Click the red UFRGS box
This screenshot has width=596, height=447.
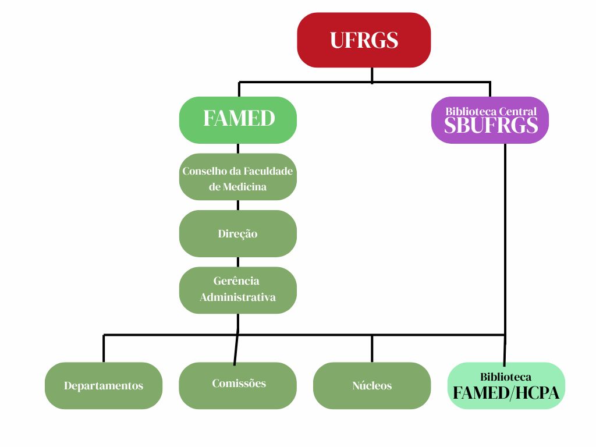click(x=364, y=40)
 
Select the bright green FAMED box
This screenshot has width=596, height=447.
click(x=238, y=119)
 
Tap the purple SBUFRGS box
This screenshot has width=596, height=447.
click(x=491, y=120)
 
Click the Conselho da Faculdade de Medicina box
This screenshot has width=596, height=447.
click(x=238, y=177)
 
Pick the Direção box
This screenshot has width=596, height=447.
click(x=238, y=233)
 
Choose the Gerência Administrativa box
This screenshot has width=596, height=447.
click(x=238, y=290)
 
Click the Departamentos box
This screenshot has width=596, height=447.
click(x=104, y=385)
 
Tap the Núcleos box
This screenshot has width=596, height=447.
click(x=372, y=385)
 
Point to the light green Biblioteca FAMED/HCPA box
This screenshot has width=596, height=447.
click(x=506, y=385)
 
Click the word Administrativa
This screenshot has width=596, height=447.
click(x=238, y=297)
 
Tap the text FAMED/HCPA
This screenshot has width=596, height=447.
click(x=506, y=393)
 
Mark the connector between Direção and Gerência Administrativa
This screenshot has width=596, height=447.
click(x=238, y=262)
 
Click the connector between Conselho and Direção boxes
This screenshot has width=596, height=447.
click(x=238, y=205)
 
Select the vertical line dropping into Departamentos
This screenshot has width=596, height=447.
click(x=104, y=349)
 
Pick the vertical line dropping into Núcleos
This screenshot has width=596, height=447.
click(x=372, y=349)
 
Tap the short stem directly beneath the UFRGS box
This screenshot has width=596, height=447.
click(x=372, y=74)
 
